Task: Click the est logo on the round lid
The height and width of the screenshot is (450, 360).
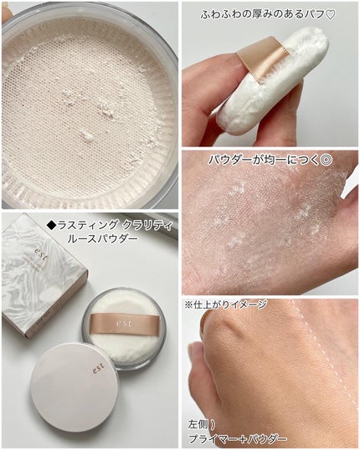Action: click(x=99, y=368)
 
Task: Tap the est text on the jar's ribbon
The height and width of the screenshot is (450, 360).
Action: click(x=124, y=324)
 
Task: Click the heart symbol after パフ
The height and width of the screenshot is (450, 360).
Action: click(x=331, y=14)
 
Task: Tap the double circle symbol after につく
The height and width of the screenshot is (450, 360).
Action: click(x=327, y=160)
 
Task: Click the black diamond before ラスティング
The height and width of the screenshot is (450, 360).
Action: click(x=52, y=226)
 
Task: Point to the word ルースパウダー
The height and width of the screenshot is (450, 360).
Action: click(x=102, y=238)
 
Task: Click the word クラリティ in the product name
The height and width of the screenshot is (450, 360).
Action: click(x=147, y=226)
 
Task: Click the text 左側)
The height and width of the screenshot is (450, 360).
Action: click(x=202, y=424)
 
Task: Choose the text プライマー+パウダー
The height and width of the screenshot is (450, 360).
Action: click(x=237, y=439)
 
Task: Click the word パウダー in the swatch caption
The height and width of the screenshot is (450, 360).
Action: click(x=229, y=160)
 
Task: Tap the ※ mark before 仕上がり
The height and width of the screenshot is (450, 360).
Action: click(x=188, y=304)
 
